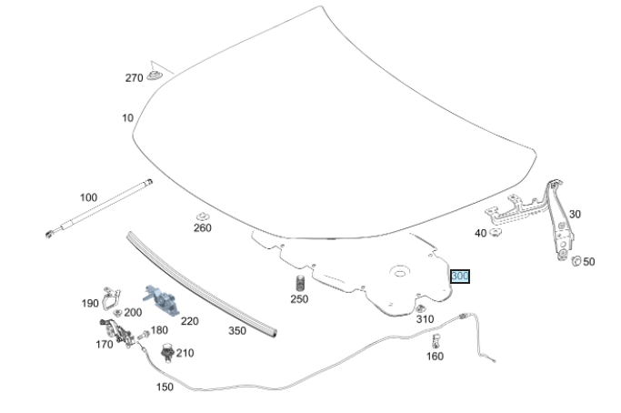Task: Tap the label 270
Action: [134, 78]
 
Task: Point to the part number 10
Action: [127, 118]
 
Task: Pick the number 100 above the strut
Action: [88, 197]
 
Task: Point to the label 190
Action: [90, 304]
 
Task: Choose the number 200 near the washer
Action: [133, 312]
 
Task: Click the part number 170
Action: [105, 344]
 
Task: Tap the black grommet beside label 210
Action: [166, 350]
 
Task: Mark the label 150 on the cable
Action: [165, 387]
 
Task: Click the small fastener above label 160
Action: [436, 341]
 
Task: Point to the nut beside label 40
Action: [496, 233]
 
